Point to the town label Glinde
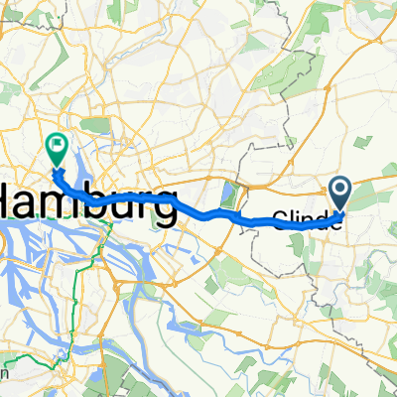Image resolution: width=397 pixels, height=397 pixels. click(308, 223)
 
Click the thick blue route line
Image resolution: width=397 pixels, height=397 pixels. click(198, 210)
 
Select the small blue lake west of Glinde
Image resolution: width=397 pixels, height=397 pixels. click(233, 196)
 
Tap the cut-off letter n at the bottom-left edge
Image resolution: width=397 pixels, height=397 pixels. click(6, 374)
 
